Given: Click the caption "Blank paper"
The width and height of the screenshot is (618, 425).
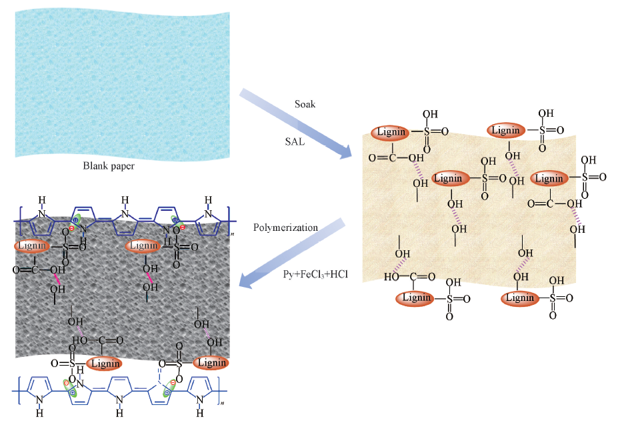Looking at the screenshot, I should point(108,165).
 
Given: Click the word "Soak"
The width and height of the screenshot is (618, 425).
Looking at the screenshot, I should point(305,105).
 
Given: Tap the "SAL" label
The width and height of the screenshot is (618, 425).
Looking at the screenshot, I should point(294,142).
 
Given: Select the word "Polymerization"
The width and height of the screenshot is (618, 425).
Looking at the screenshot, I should point(285,228).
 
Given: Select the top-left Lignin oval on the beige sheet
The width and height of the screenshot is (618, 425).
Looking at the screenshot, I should point(391,131).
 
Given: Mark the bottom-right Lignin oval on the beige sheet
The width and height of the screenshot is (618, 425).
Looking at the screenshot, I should point(520,298).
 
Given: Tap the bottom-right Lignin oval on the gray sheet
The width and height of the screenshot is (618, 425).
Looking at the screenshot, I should point(211,362).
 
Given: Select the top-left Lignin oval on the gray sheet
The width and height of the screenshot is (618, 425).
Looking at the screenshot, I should point(33,246).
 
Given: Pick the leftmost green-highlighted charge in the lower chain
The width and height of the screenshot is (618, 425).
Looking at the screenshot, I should point(67,387).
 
